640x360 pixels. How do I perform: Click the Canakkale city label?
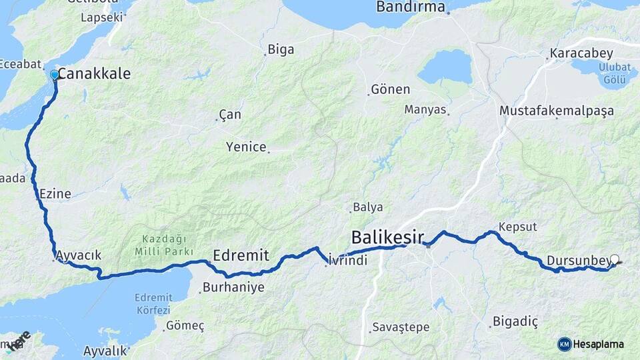(94, 74)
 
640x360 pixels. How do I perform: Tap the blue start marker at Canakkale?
(55, 75)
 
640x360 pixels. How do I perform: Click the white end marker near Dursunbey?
(614, 260)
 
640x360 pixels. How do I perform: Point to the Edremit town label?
(241, 255)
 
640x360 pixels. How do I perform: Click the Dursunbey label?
(577, 260)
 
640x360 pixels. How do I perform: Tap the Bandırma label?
(410, 7)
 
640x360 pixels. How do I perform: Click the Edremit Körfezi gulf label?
(153, 303)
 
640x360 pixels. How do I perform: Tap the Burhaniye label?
(233, 288)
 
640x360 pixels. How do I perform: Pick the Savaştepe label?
(401, 327)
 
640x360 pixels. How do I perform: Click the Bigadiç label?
(515, 322)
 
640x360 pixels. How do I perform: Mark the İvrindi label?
(349, 261)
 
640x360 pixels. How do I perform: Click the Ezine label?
(55, 194)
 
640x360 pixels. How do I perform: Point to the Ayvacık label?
(79, 255)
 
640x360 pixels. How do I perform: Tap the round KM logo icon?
(565, 344)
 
